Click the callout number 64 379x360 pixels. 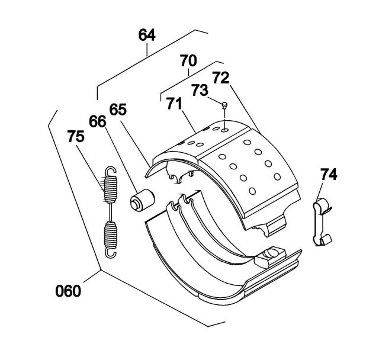click(x=147, y=35)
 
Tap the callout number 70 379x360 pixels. click(x=188, y=60)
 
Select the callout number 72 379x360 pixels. click(x=221, y=78)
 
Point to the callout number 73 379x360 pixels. click(x=200, y=90)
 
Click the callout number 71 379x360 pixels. click(x=174, y=104)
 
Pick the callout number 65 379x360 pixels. click(x=118, y=110)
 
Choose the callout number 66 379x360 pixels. click(x=97, y=121)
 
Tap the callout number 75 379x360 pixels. click(x=76, y=136)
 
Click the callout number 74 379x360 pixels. click(x=329, y=175)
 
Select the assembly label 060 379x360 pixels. click(x=68, y=291)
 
